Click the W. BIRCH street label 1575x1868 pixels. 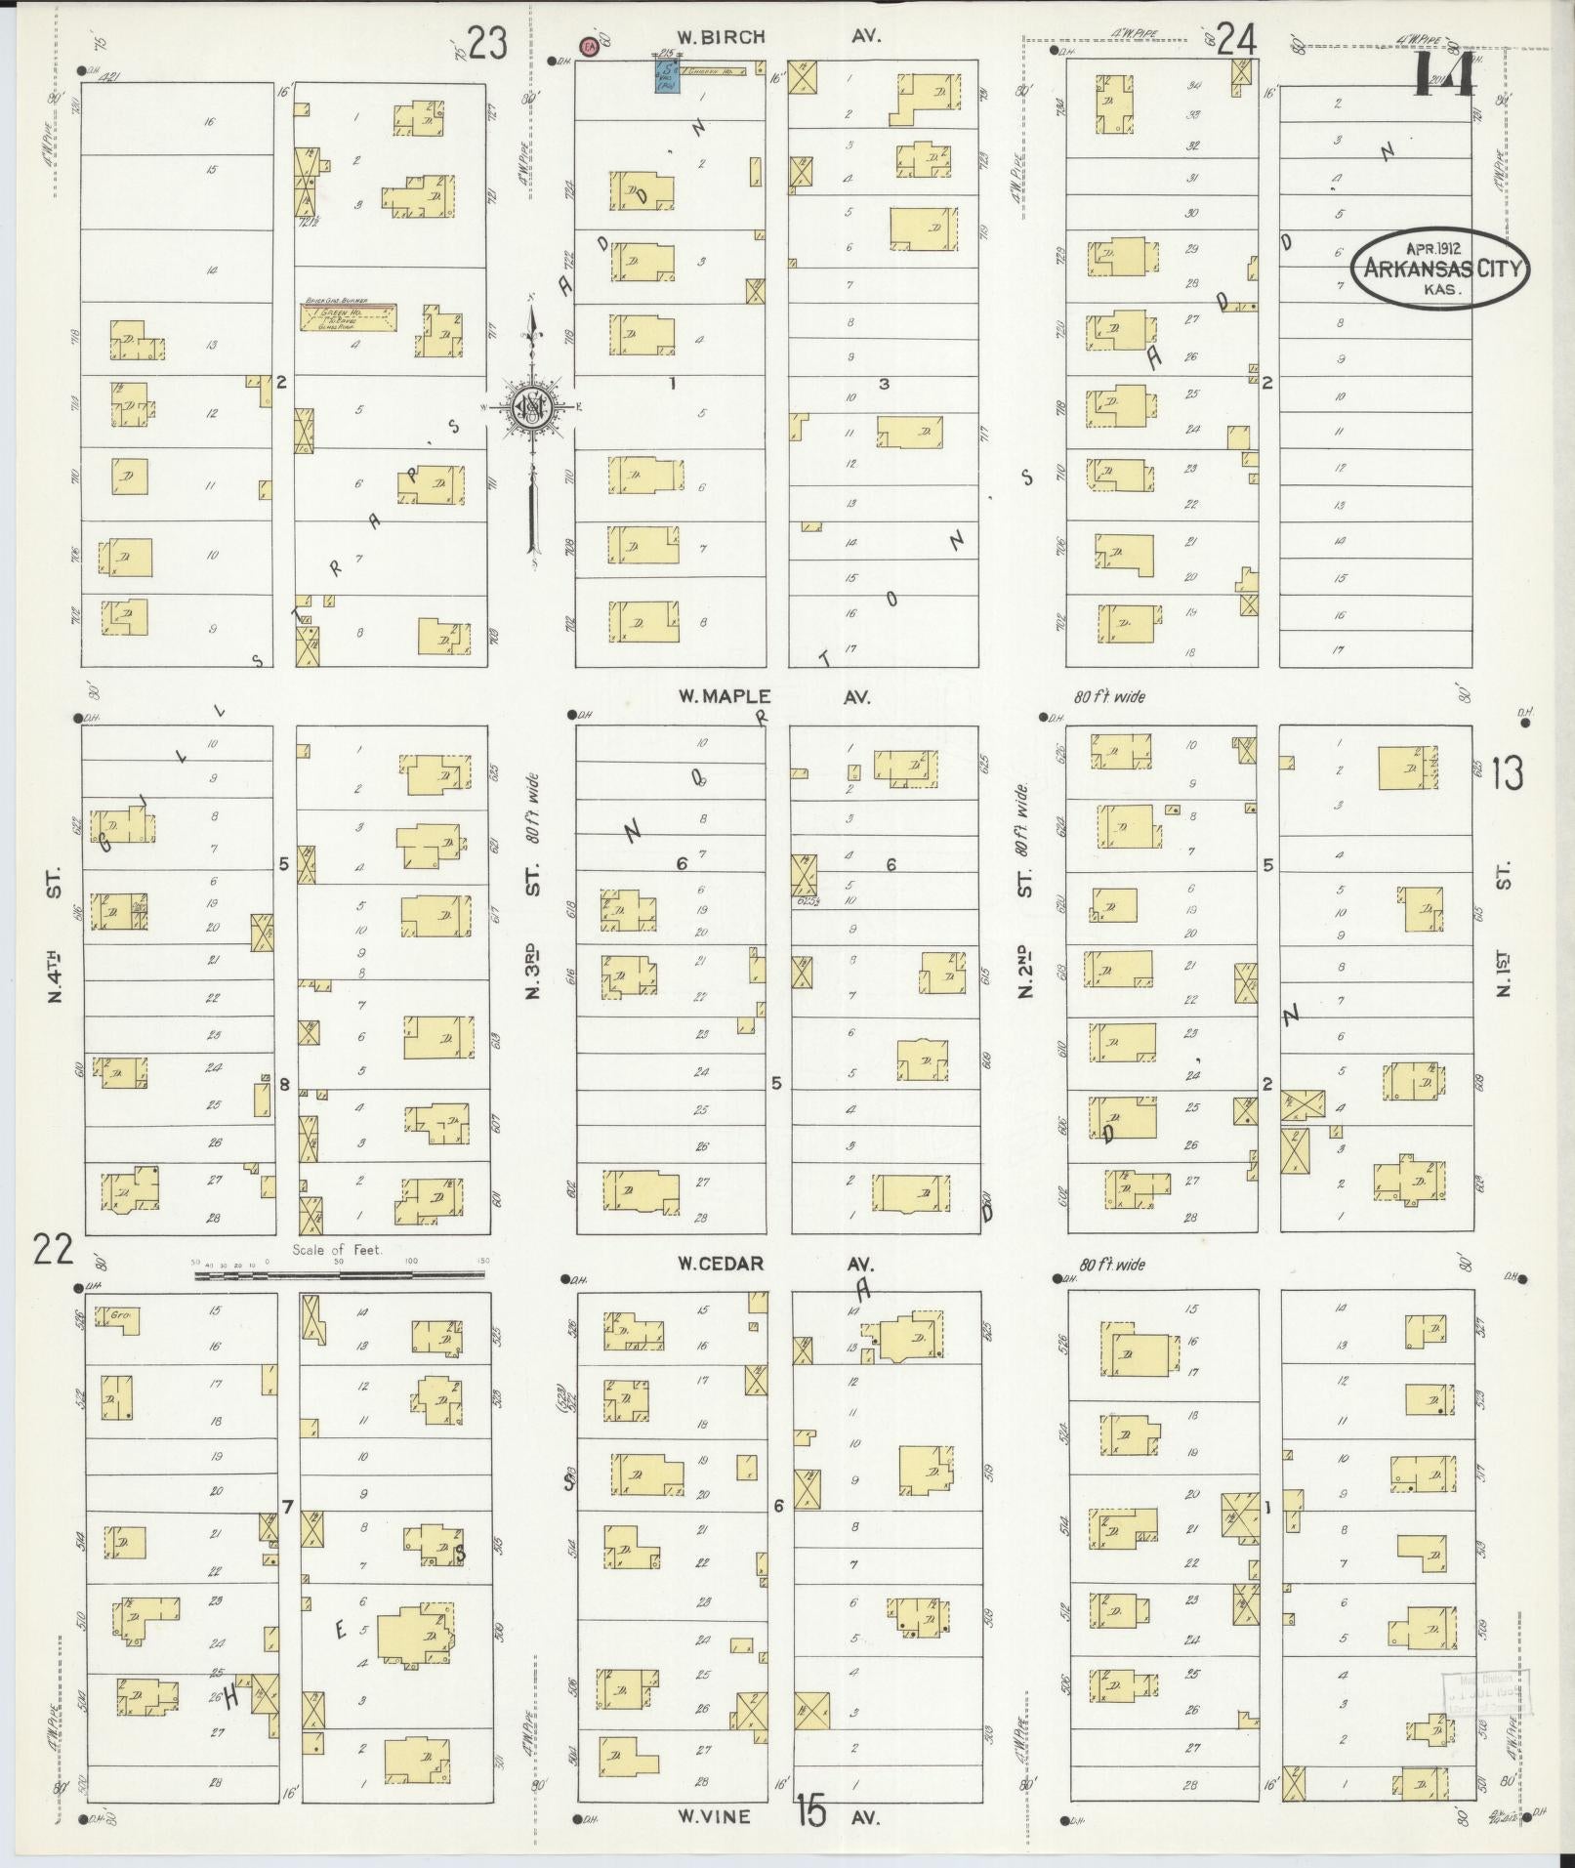722,37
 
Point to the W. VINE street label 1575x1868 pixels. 715,1816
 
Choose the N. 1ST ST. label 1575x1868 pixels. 1505,928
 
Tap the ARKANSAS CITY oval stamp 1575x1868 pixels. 1440,270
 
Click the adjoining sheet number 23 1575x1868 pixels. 488,44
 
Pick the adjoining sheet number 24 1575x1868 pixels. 1236,41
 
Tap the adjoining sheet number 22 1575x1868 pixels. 53,1248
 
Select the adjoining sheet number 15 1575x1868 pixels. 810,1810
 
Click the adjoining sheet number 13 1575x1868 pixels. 1507,773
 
